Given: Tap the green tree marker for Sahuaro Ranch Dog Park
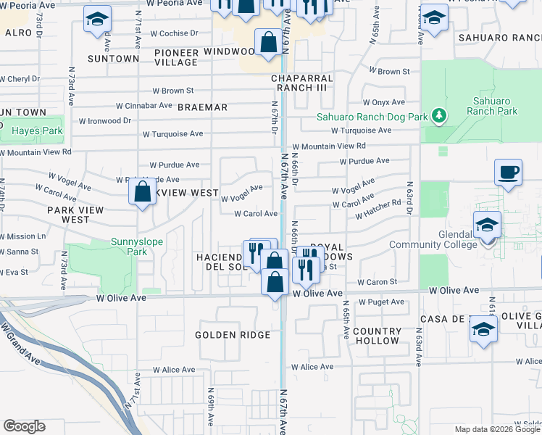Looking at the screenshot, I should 438,115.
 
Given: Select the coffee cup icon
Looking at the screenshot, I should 508,173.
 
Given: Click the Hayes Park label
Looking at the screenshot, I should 33,131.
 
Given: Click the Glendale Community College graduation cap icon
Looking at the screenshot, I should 488,224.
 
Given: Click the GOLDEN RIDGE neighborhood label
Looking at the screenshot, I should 233,335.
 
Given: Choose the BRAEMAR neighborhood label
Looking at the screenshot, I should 203,107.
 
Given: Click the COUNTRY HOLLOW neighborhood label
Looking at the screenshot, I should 377,336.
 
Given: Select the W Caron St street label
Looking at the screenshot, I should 378,282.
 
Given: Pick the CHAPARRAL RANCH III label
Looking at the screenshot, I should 302,83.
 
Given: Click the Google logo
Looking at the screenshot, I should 24,426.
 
